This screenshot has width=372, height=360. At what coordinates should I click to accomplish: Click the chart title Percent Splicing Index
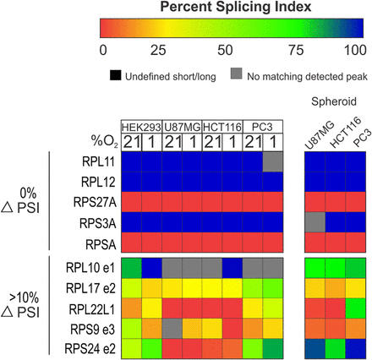pos(236,7)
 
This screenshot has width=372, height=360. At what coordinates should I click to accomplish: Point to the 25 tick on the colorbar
pos(158,50)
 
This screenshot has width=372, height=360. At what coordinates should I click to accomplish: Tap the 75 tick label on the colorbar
pos(296,50)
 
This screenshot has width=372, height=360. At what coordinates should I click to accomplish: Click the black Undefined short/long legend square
pos(116,75)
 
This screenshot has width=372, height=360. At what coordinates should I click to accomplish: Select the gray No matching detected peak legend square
pos(236,74)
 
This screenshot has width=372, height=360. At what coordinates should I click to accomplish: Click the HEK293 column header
pos(141,128)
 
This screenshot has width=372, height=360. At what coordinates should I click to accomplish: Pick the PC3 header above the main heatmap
pos(262,128)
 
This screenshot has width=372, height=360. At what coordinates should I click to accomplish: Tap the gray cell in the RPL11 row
pos(273,161)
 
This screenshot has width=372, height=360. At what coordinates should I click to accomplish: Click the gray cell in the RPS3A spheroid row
pos(315,222)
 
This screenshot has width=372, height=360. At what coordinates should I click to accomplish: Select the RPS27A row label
pos(95,202)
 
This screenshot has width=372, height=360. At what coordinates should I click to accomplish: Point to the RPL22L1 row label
pos(92,309)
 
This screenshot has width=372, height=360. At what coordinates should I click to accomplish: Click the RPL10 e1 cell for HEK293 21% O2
pos(131,268)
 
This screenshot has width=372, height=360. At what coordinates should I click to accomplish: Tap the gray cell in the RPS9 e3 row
pos(172,329)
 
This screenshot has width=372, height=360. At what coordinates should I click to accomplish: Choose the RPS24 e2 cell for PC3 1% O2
pos(273,348)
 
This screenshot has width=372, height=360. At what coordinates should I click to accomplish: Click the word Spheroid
pos(334,101)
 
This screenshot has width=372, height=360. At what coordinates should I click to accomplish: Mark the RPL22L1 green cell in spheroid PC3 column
pos(356,308)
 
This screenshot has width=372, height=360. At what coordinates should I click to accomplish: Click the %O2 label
pos(104,141)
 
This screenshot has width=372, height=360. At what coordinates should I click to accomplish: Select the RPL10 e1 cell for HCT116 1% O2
pos(232,268)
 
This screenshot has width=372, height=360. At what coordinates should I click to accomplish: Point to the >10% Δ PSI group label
pos(20,305)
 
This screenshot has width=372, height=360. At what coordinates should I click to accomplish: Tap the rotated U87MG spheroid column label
pos(320,136)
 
